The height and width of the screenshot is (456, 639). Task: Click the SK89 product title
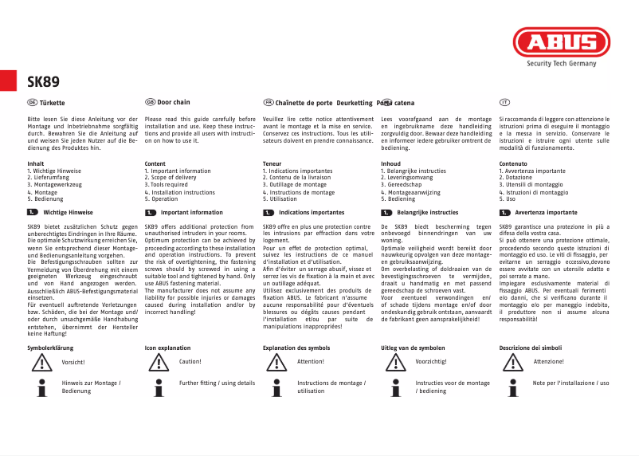[43, 81]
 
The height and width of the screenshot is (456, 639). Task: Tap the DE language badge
[32, 103]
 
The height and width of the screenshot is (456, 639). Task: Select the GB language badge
[150, 103]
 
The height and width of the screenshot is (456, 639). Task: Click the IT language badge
[504, 103]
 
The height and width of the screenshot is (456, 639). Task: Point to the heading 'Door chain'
[174, 103]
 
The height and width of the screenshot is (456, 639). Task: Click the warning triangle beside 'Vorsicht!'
[41, 363]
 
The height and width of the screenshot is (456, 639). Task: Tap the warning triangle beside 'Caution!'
[159, 363]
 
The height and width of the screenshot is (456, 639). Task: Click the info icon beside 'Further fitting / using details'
[159, 388]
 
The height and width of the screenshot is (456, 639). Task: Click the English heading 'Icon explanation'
[167, 348]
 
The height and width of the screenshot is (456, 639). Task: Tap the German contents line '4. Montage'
[42, 192]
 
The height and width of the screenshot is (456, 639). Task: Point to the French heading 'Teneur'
[272, 163]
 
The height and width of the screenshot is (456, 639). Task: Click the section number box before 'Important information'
[150, 213]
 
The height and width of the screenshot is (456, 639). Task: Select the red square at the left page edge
[8, 81]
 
